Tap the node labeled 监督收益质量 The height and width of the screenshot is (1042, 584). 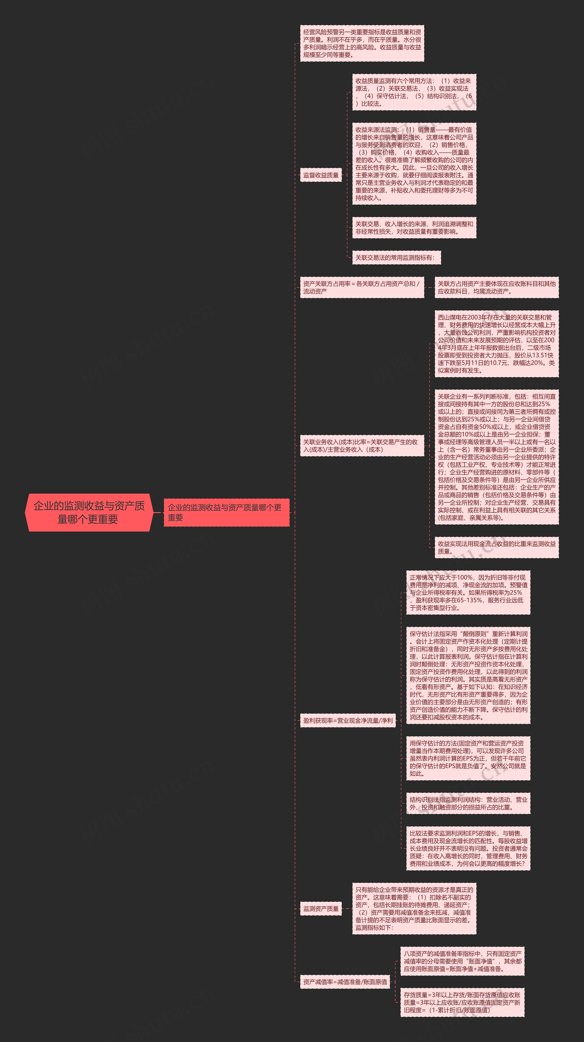pos(321,175)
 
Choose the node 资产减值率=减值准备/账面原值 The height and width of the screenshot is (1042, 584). pos(345,981)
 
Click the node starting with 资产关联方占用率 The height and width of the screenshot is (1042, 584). pos(362,287)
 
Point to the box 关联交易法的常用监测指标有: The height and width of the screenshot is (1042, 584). pos(396,257)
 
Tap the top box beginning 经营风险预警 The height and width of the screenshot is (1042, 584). pos(362,43)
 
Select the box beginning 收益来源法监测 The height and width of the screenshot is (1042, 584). pos(414,163)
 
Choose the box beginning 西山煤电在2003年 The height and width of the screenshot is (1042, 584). pos(496,343)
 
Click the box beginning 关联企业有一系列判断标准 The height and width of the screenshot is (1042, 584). pos(496,457)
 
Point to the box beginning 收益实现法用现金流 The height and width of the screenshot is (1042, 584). pos(496,547)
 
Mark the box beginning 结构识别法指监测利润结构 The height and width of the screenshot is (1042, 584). pos(468,803)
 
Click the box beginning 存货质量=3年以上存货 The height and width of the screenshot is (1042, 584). pos(462,1002)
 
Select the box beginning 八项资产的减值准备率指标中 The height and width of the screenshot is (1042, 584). pos(462,961)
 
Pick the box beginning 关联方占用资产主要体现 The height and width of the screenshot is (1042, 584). pos(496,287)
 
